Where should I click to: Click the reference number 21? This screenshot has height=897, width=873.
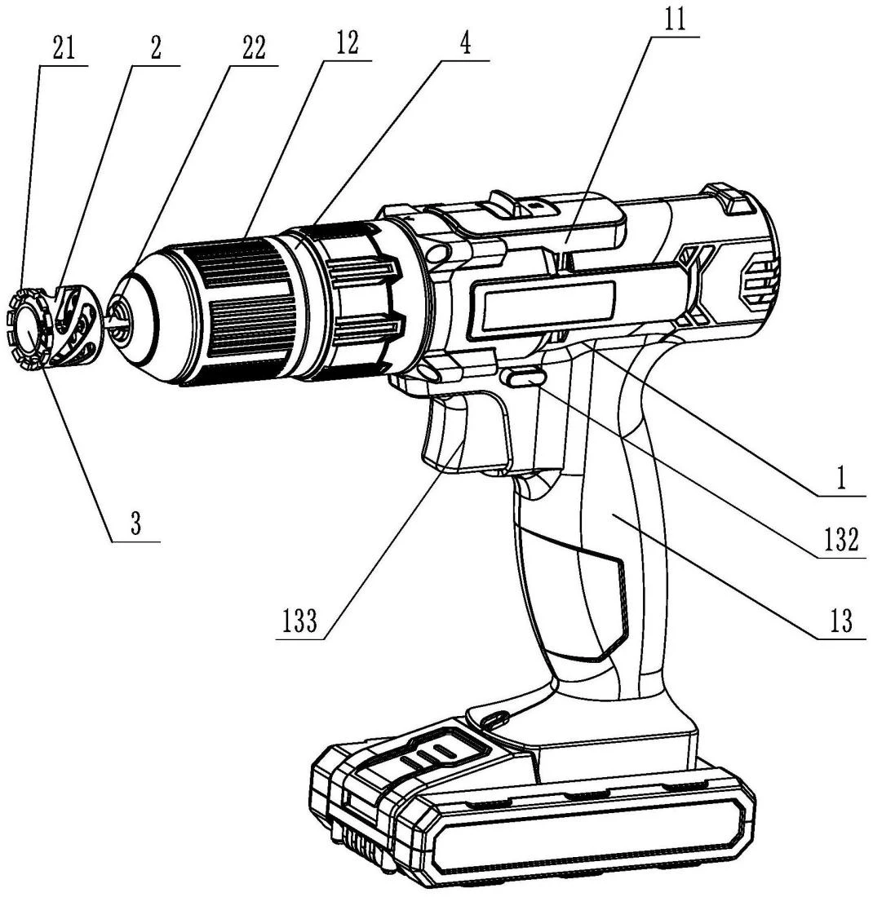tap(64, 49)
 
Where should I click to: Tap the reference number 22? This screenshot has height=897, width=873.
tap(255, 49)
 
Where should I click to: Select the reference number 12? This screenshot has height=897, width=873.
tap(346, 43)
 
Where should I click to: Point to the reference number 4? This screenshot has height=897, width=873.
tap(465, 43)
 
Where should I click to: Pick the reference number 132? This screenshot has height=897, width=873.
tap(841, 539)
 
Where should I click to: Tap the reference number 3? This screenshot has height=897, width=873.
tap(135, 523)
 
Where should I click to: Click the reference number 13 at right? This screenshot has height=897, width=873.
tap(841, 621)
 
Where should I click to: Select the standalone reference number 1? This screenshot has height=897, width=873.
tap(840, 478)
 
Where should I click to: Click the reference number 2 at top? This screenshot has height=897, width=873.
tap(156, 49)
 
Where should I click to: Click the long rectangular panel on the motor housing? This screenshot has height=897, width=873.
tap(543, 307)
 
